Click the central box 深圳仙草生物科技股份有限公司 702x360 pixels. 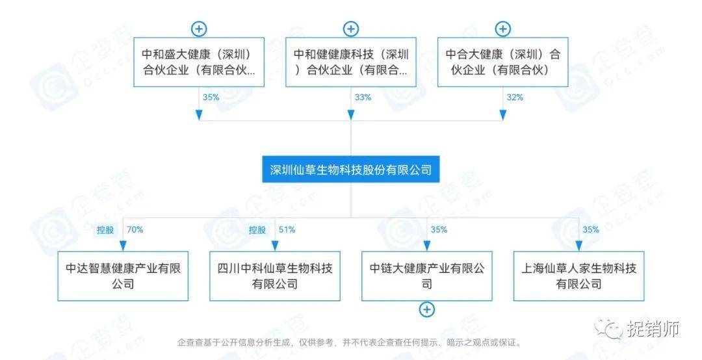pos(351,170)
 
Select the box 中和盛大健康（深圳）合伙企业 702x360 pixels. pos(199,62)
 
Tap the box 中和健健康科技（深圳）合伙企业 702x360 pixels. pos(351,62)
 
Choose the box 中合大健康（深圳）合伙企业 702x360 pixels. pos(502,62)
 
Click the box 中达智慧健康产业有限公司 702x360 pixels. pos(123,276)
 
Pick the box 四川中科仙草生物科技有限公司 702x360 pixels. pos(275,276)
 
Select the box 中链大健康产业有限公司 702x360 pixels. pos(426,276)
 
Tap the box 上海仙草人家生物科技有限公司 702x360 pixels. pos(578,276)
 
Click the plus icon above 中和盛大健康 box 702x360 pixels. pos(199,29)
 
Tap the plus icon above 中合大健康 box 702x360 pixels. pos(502,29)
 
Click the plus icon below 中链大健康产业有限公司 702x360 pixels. pos(426,310)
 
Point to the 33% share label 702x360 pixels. pos(363,97)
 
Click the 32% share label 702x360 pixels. pos(514,97)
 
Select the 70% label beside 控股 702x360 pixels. pos(135,229)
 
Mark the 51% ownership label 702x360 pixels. pos(287,229)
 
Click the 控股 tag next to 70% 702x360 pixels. pos(106,229)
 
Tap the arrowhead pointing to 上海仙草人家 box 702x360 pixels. pos(578,246)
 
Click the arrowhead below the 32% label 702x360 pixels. pos(502,115)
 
